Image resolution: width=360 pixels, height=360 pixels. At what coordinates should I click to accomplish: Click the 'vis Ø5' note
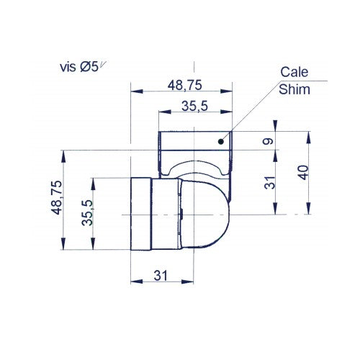point(84,67)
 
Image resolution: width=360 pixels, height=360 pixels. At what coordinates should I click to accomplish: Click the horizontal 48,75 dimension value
point(184,84)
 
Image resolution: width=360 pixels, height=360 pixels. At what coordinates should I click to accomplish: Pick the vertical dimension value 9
point(268,141)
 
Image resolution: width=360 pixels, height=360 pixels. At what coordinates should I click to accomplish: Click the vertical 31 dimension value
point(268,183)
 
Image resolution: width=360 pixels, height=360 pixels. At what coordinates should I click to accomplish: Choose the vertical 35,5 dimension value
point(86,212)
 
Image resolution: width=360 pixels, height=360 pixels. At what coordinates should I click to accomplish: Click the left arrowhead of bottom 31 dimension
point(134,282)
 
